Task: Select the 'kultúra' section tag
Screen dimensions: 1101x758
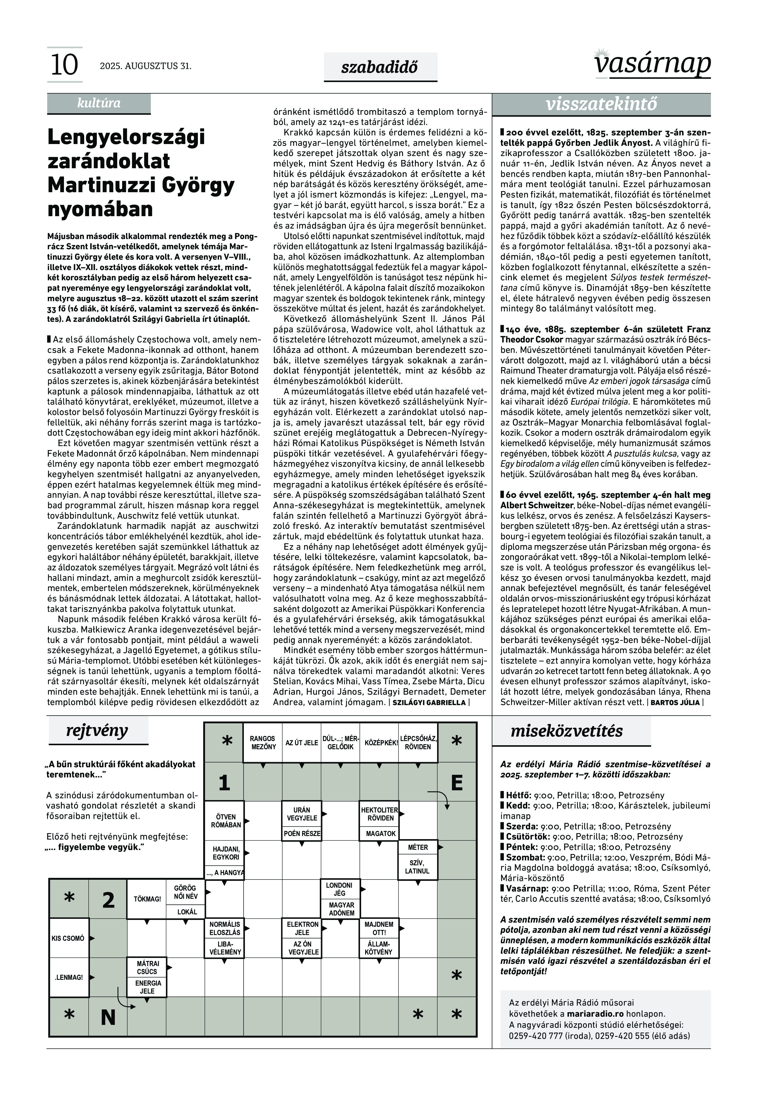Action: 99,103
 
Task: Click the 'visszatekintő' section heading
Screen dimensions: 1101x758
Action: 601,104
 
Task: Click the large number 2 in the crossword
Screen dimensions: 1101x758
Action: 108,900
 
